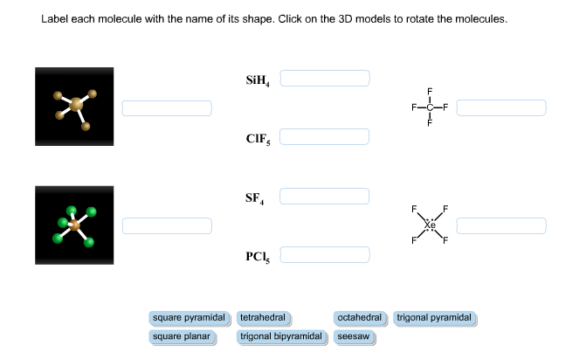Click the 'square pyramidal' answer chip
(x=189, y=317)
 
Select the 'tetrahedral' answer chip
(x=265, y=317)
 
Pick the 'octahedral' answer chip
(x=360, y=317)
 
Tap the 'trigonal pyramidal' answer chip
(x=435, y=317)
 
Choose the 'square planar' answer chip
(x=182, y=336)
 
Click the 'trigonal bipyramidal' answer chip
(x=282, y=336)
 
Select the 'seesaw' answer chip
(x=354, y=336)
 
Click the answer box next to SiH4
(x=325, y=79)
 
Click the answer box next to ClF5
(x=325, y=137)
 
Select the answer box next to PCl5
(x=325, y=255)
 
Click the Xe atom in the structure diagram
(x=430, y=225)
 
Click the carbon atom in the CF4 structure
(x=430, y=107)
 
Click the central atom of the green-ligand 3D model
(x=75, y=225)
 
